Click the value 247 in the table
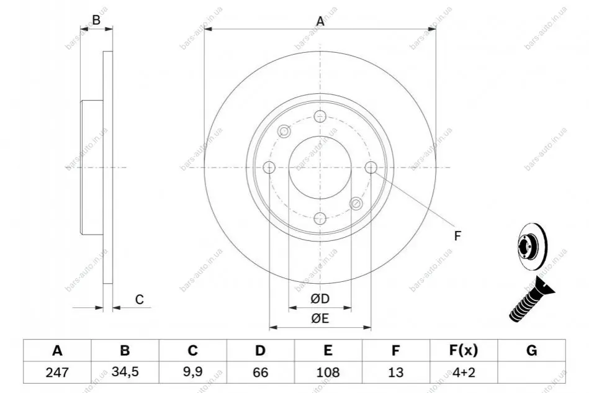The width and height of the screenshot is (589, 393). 57,373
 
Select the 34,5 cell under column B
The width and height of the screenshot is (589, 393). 125,372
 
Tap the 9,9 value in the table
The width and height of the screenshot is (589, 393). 192,372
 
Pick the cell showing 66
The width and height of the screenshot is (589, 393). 260,373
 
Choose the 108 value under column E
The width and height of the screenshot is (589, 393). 328,373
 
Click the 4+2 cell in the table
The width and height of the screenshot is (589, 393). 464,373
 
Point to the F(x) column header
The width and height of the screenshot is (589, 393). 464,350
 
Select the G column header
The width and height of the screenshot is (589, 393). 531,350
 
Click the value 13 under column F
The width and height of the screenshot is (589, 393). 395,373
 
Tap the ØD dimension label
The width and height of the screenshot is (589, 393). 320,299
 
